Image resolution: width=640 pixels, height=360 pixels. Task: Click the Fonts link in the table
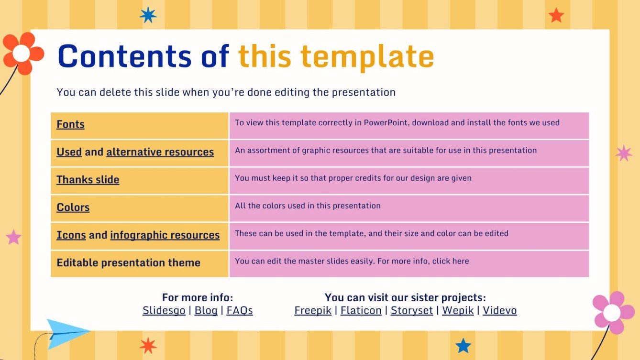point(70,125)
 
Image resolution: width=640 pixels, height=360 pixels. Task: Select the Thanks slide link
point(88,180)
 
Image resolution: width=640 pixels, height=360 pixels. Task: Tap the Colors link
point(73,207)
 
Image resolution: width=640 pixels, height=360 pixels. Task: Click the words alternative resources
point(160,152)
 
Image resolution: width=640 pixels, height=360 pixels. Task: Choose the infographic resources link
point(165,235)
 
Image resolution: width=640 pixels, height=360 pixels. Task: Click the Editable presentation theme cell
point(128,263)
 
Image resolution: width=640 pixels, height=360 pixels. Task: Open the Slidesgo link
point(164,311)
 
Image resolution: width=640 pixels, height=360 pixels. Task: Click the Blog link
point(206,311)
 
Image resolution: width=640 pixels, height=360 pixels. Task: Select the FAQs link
point(240,311)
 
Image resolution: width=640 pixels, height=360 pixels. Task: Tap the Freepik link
point(313,311)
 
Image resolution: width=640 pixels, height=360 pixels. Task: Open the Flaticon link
point(361,311)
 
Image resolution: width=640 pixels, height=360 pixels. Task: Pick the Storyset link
point(411,311)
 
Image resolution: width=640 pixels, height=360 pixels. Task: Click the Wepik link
point(458,311)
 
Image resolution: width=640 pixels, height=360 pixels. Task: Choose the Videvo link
point(499,311)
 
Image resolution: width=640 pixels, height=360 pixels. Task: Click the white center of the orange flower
point(21,54)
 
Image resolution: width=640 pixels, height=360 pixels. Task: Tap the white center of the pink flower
point(611,313)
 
